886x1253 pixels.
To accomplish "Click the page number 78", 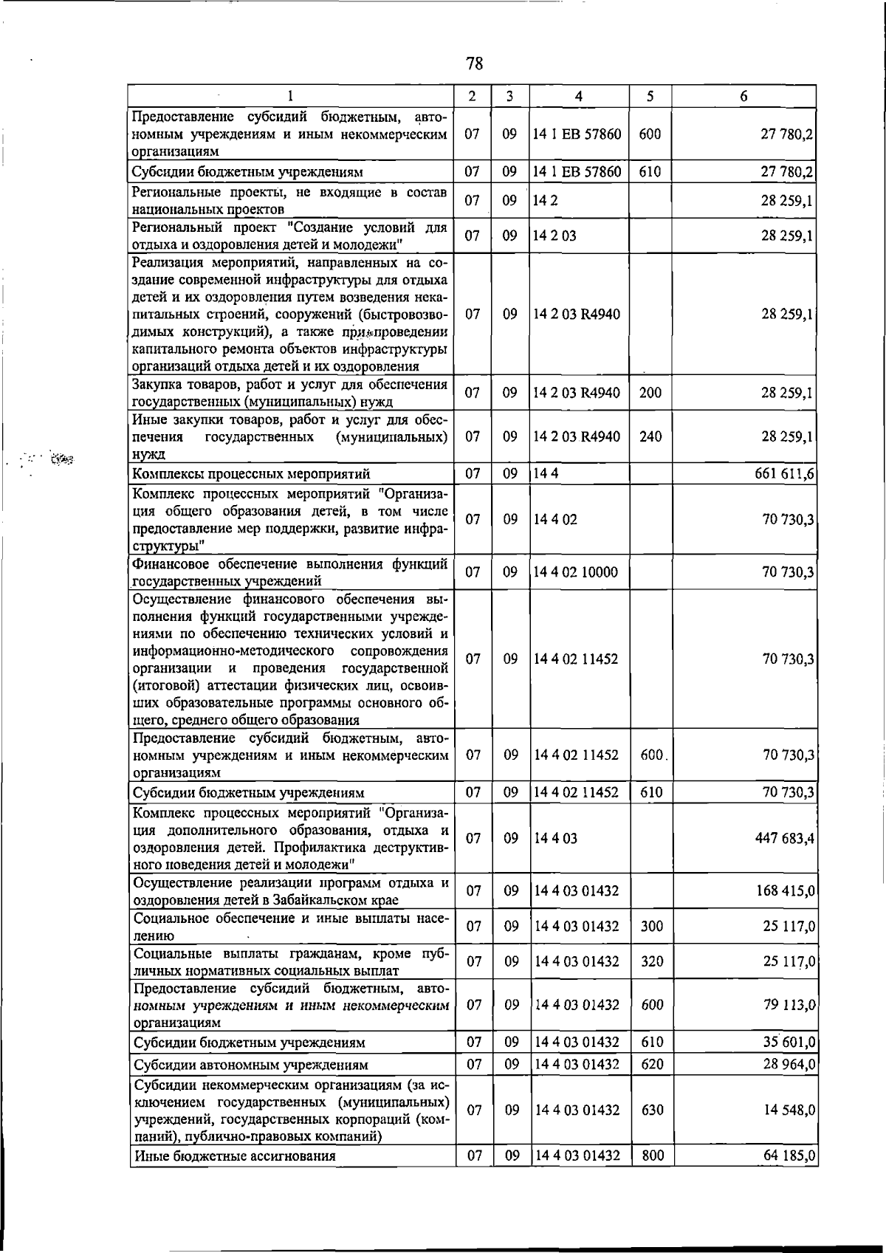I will (x=475, y=63).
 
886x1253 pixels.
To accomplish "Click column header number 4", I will (x=579, y=96).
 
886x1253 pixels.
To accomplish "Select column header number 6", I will (x=744, y=96).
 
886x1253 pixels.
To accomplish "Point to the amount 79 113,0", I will (x=789, y=1004).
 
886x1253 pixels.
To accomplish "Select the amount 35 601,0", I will (x=789, y=1042).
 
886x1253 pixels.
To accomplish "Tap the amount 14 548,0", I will (x=789, y=1110).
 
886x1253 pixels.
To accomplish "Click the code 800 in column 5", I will (x=653, y=1156).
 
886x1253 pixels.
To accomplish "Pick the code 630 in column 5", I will (x=653, y=1110).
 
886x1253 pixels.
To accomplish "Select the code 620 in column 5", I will (x=653, y=1064).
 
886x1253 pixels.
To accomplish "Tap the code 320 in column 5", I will (x=652, y=961).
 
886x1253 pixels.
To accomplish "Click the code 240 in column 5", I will (x=650, y=436).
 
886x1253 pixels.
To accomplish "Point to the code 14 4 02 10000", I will (x=577, y=571).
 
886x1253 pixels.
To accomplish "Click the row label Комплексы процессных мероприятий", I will (x=251, y=474).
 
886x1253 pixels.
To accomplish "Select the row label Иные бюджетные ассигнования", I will (x=234, y=1156).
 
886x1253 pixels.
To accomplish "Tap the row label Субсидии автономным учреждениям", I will (x=250, y=1065).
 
